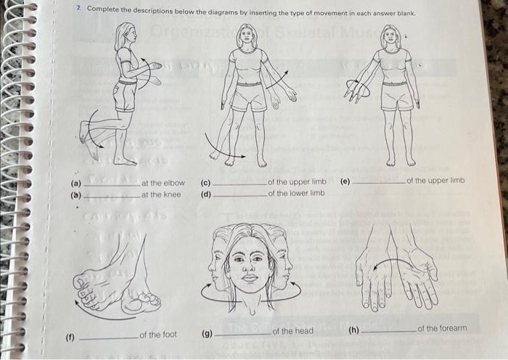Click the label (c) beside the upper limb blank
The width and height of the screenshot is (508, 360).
[205, 183]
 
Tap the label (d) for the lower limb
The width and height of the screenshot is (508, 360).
[205, 193]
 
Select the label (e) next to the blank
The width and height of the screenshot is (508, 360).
[343, 181]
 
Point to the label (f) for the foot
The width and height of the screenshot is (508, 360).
[70, 337]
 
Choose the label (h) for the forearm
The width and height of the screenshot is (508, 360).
[353, 330]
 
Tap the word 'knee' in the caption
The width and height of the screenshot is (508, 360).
[171, 195]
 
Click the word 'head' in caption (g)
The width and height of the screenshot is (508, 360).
[303, 332]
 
